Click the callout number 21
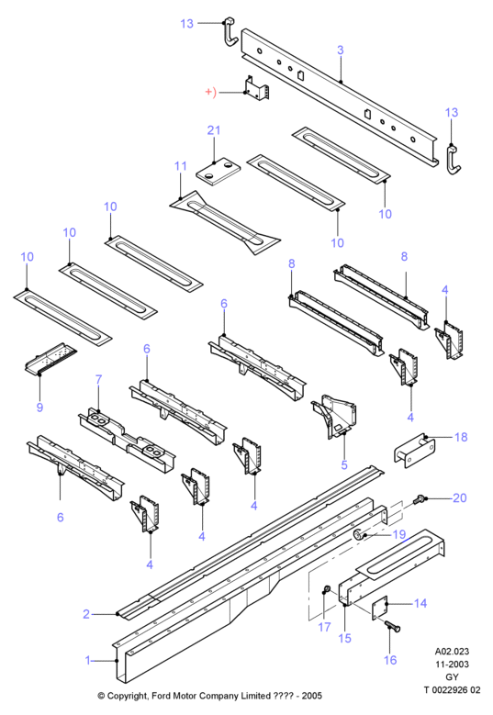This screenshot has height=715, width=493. (213, 130)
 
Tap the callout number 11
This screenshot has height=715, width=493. (181, 166)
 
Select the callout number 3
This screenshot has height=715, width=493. (341, 50)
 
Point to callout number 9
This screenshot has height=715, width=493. (39, 407)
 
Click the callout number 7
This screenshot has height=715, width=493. (98, 379)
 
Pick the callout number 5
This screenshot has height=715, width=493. (344, 465)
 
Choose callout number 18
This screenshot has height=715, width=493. (461, 437)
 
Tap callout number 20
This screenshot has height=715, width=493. (460, 497)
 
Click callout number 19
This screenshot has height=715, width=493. (399, 534)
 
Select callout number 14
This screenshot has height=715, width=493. (420, 603)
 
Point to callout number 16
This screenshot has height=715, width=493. (390, 660)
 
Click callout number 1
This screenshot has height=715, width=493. (88, 660)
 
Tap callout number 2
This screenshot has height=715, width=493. (86, 614)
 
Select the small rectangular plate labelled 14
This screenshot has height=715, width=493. (379, 608)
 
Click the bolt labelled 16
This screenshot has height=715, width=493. (392, 626)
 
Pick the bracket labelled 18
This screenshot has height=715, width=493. (414, 451)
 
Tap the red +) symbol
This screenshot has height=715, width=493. (210, 92)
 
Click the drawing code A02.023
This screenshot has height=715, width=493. (452, 651)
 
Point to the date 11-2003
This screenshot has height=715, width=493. (452, 664)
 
